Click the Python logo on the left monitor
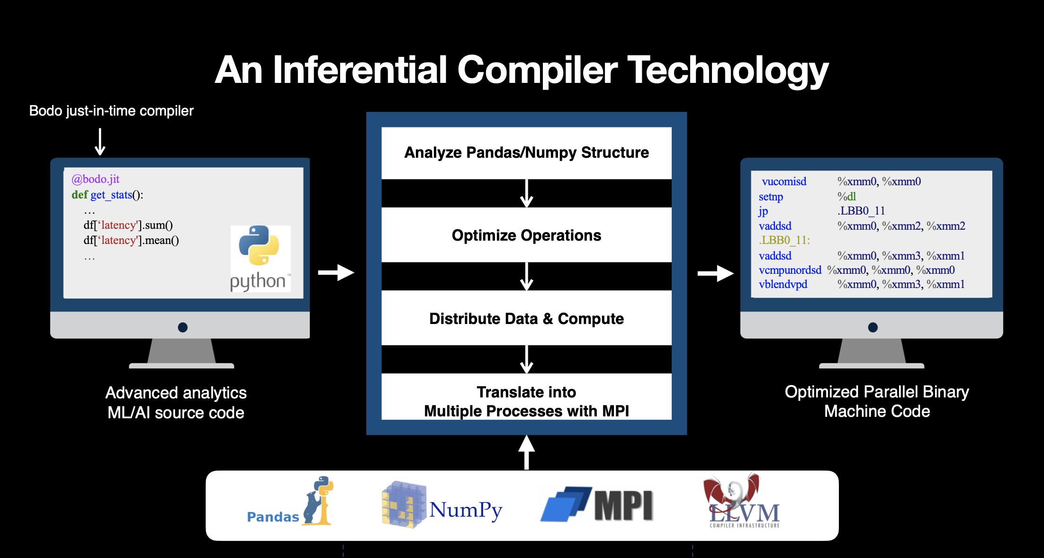[260, 258]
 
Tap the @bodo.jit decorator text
[95, 179]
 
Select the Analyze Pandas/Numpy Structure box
[526, 153]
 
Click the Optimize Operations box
[526, 235]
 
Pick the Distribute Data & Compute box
[526, 318]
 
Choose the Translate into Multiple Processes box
[526, 401]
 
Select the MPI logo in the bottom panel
[597, 505]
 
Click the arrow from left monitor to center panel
[336, 272]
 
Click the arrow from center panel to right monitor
[715, 273]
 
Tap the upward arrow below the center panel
[526, 452]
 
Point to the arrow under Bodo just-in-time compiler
[100, 142]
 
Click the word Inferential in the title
[360, 70]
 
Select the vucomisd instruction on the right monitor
[784, 181]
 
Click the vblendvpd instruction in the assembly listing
[783, 284]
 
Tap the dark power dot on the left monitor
[183, 327]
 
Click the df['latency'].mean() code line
[131, 240]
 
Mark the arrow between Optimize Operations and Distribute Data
[526, 276]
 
